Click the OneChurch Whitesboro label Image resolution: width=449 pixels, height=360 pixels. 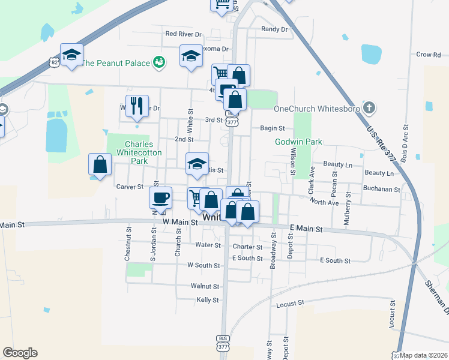[316, 109]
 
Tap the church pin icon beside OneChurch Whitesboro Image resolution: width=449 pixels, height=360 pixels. [369, 109]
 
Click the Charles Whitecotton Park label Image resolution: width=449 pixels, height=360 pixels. [139, 152]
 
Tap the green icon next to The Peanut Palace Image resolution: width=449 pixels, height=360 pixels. [159, 62]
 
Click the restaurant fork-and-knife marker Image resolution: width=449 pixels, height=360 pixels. [137, 106]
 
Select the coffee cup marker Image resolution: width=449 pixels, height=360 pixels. [161, 197]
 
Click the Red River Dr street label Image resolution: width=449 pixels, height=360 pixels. [183, 34]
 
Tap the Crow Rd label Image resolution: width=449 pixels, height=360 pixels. [428, 55]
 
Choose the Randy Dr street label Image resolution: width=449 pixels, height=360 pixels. [275, 29]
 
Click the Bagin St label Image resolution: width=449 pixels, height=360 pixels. [272, 128]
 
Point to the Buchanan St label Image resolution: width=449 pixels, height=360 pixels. [381, 189]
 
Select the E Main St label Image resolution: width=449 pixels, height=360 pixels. [306, 229]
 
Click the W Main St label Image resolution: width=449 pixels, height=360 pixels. [181, 222]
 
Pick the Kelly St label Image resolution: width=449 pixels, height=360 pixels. [207, 299]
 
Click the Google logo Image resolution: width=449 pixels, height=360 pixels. [20, 353]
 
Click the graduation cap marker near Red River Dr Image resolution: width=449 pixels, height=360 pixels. [191, 56]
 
